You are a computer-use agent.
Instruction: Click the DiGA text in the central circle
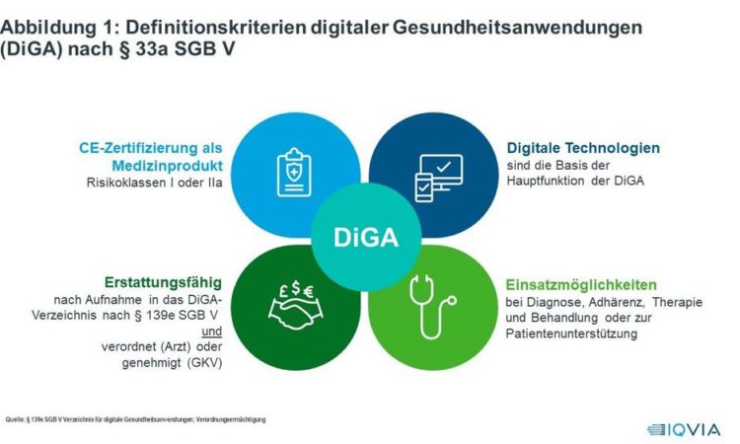(x=366, y=238)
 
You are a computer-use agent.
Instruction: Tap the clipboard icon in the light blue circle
(x=294, y=173)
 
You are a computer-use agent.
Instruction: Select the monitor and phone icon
(x=438, y=178)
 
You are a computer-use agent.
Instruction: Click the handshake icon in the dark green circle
(x=296, y=305)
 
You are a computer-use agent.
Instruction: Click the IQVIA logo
(x=684, y=430)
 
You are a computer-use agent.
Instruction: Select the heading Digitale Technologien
(x=583, y=148)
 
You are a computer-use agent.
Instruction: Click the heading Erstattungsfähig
(x=163, y=282)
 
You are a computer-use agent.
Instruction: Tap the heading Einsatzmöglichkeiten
(x=581, y=285)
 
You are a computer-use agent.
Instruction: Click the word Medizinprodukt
(x=167, y=166)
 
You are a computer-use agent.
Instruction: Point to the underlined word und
(x=212, y=332)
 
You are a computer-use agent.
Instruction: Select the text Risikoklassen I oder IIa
(x=154, y=183)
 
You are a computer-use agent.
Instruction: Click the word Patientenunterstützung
(x=571, y=334)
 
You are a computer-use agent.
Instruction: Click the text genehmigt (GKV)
(x=172, y=363)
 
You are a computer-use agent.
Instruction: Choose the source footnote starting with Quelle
(x=135, y=419)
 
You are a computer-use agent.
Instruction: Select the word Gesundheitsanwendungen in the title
(x=517, y=28)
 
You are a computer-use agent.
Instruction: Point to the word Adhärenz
(x=618, y=302)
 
